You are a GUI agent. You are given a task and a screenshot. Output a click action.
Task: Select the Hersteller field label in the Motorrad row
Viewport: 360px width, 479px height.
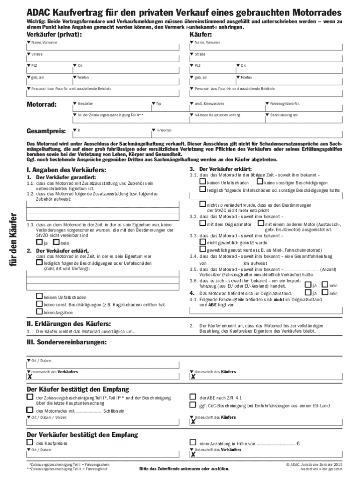tap(85, 103)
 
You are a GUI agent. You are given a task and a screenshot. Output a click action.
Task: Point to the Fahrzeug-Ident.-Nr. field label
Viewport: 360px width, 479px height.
tap(284, 103)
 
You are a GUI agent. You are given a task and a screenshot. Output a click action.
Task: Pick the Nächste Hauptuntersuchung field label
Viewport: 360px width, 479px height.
tap(217, 115)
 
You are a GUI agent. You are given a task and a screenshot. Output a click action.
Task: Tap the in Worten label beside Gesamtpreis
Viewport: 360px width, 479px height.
tap(165, 130)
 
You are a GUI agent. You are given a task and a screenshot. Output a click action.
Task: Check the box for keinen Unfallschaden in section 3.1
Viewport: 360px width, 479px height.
tap(202, 181)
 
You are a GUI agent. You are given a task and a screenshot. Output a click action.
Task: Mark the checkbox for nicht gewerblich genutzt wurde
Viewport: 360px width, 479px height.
tap(202, 242)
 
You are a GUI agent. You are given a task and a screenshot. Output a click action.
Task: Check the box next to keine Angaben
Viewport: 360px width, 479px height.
tap(39, 312)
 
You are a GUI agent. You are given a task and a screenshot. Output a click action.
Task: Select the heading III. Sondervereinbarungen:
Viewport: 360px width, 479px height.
tap(66, 342)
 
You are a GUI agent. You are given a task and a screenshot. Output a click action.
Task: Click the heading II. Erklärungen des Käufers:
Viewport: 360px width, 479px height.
tap(69, 323)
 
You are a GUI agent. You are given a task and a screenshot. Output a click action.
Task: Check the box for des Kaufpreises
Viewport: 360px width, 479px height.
tap(30, 442)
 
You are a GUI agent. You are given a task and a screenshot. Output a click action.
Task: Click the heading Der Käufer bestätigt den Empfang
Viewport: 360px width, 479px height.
tap(78, 389)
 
